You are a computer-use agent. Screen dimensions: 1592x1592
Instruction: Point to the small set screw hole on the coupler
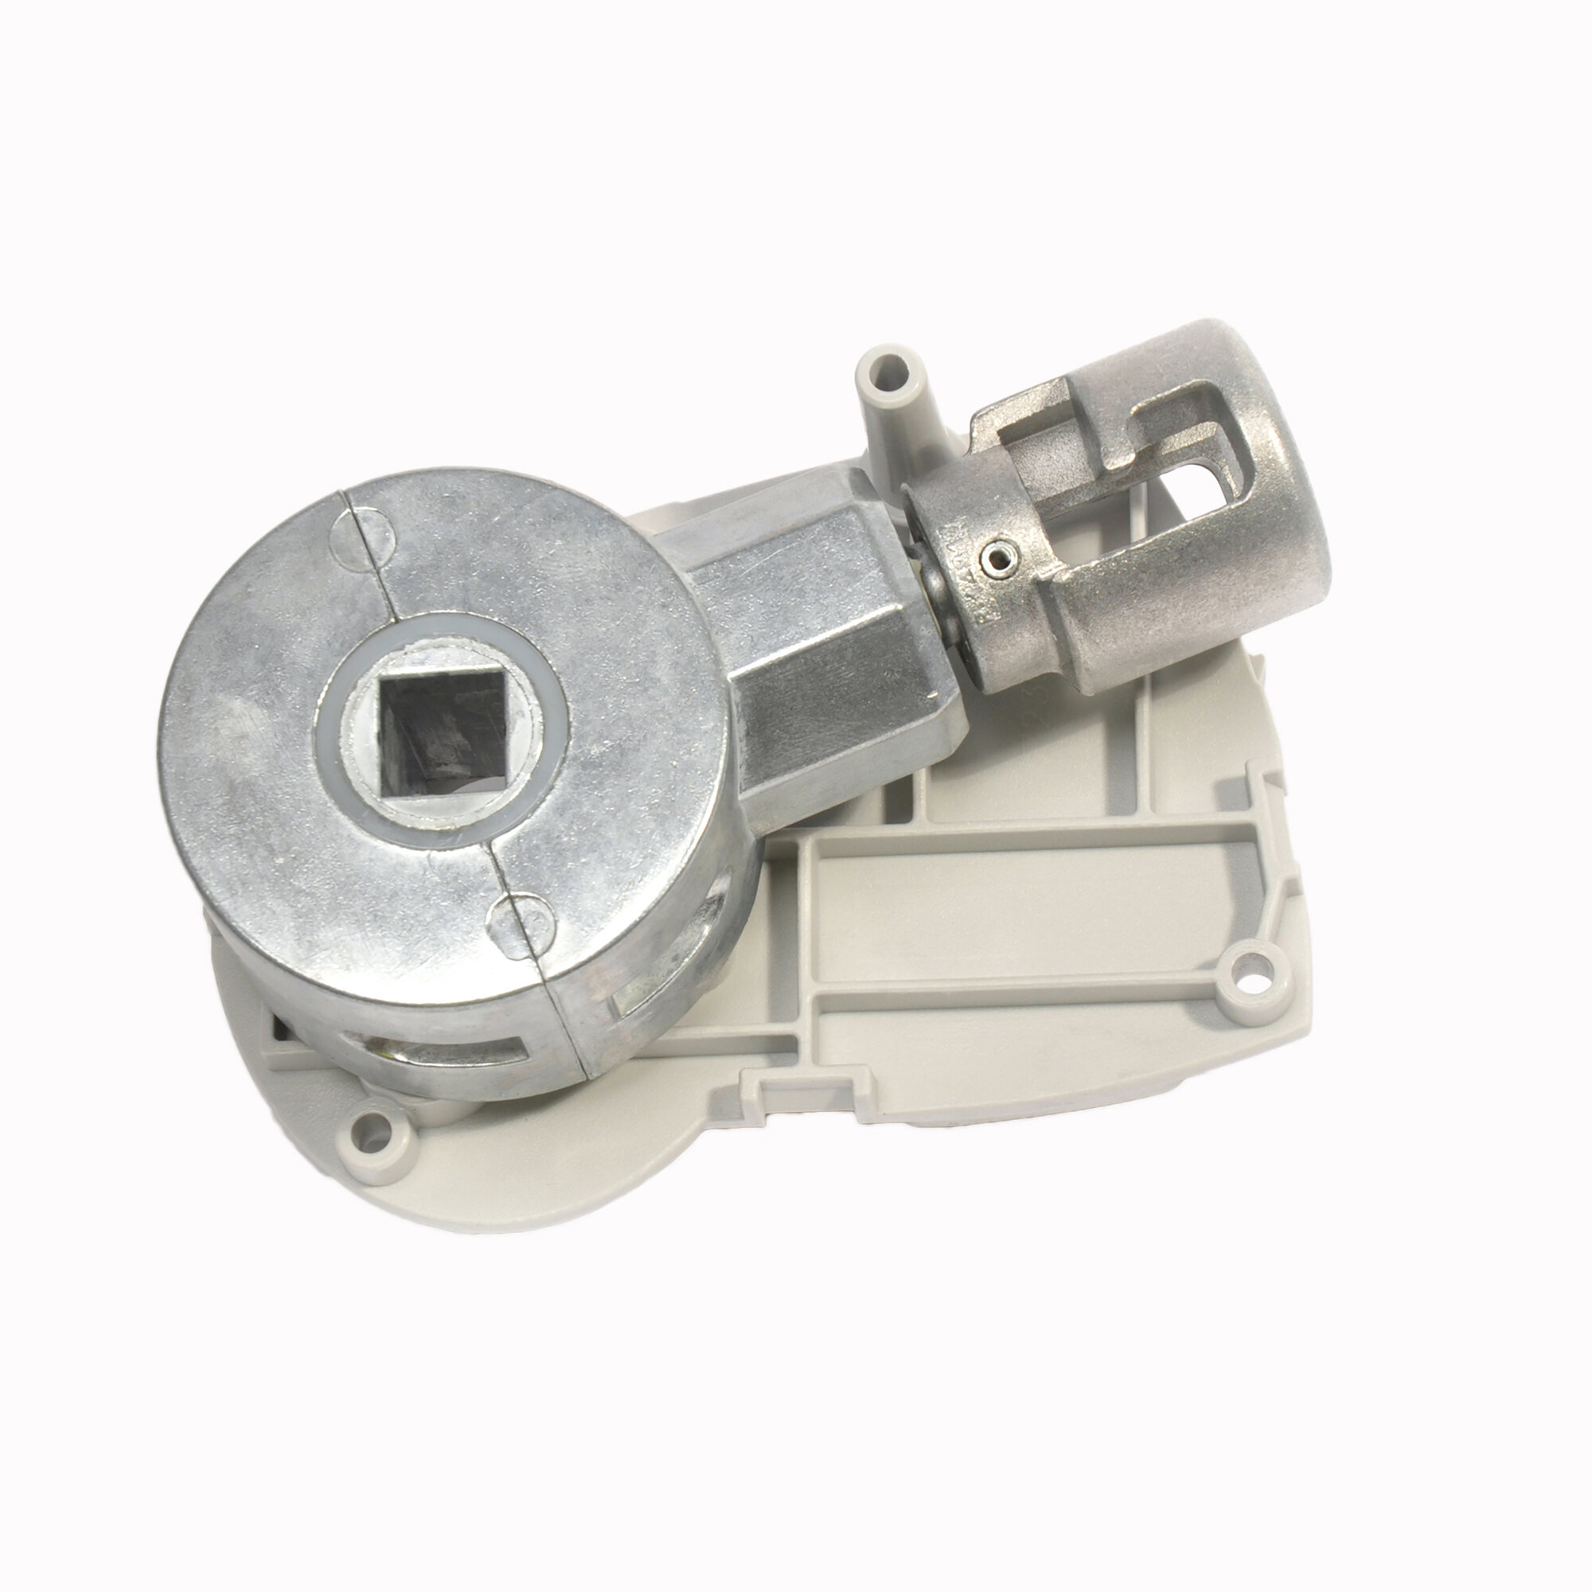(999, 561)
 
